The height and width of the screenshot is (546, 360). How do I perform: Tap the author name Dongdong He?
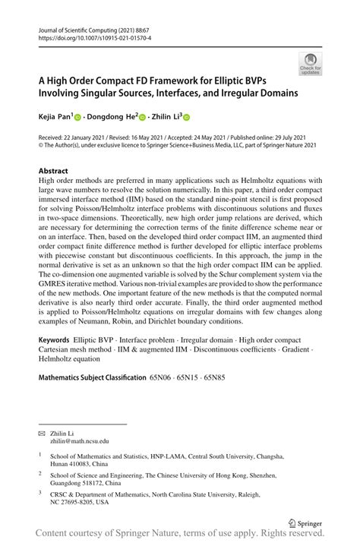[x=111, y=117]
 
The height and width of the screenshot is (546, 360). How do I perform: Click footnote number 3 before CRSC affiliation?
[x=40, y=492]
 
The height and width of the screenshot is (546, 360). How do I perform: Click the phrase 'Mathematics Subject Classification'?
[x=91, y=398]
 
